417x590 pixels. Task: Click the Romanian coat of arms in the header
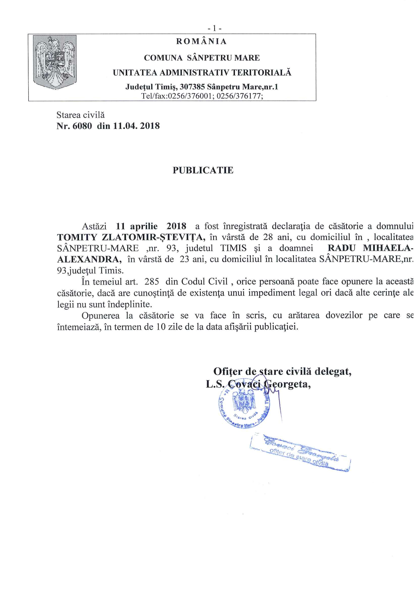[55, 62]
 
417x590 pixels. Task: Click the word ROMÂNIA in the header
[201, 41]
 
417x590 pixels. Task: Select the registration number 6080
[82, 126]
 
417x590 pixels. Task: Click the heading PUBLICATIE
[203, 170]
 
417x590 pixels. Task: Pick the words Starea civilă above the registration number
[81, 115]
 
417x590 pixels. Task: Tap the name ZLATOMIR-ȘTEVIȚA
[153, 237]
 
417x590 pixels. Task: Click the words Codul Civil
[205, 282]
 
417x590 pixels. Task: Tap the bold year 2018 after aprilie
[176, 226]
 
